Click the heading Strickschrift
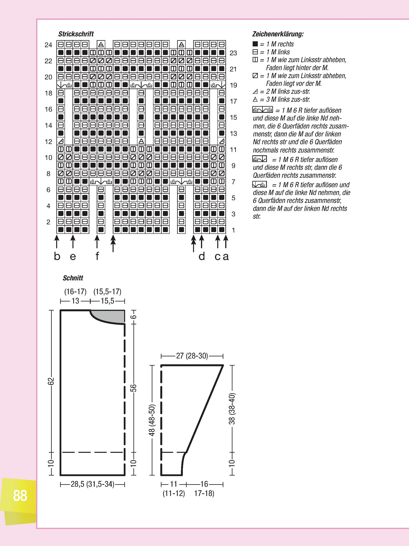[x=76, y=34]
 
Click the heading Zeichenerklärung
[x=278, y=34]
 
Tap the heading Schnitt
[x=73, y=278]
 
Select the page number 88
[x=20, y=496]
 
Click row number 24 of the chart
[x=48, y=45]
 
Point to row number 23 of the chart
[x=233, y=53]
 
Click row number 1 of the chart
[x=233, y=230]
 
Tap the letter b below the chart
[x=57, y=256]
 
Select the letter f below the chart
[x=97, y=256]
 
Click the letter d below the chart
[x=202, y=256]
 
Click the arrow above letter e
[x=73, y=242]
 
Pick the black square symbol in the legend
[x=255, y=44]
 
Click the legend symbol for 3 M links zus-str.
[x=255, y=99]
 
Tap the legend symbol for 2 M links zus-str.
[x=255, y=91]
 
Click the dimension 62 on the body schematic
[x=51, y=381]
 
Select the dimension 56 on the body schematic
[x=134, y=388]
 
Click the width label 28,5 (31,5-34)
[x=92, y=484]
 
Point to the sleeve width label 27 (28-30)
[x=192, y=356]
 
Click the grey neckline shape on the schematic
[x=111, y=316]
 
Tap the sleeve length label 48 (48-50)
[x=152, y=420]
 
